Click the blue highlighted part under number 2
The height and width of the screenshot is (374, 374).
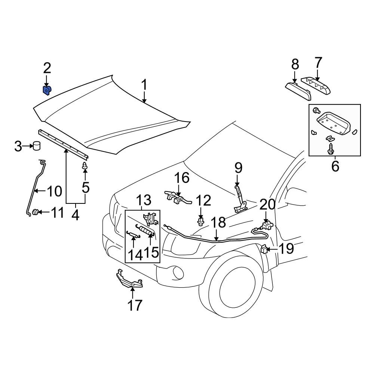46,90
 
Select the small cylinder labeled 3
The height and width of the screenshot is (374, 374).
36,145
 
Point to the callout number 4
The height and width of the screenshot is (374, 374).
76,215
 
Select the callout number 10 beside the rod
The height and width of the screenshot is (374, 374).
55,192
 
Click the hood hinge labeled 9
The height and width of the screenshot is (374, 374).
239,200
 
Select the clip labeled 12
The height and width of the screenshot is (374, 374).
201,223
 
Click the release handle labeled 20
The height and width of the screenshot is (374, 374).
266,225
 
